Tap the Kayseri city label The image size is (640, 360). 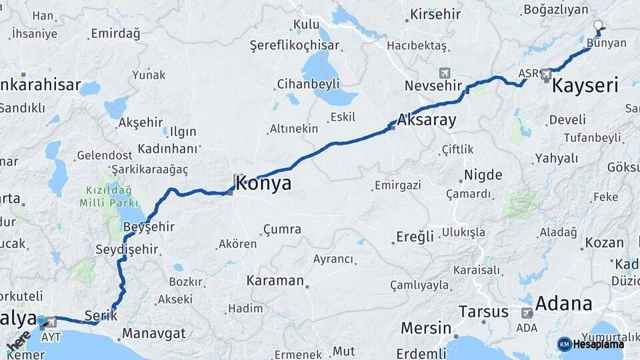[x=585, y=85]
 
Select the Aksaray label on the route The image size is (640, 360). [x=427, y=121]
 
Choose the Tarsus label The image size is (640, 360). [x=483, y=311]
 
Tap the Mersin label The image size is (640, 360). [x=425, y=328]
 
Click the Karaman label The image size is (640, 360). [x=275, y=280]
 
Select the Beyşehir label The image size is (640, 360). [x=149, y=227]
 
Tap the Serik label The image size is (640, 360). [x=101, y=315]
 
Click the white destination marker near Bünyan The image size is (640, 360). [x=597, y=27]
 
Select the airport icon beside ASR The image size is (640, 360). [x=547, y=73]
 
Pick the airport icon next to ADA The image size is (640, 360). [x=527, y=313]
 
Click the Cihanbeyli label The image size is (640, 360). [x=309, y=84]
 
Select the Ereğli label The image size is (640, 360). [x=415, y=236]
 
